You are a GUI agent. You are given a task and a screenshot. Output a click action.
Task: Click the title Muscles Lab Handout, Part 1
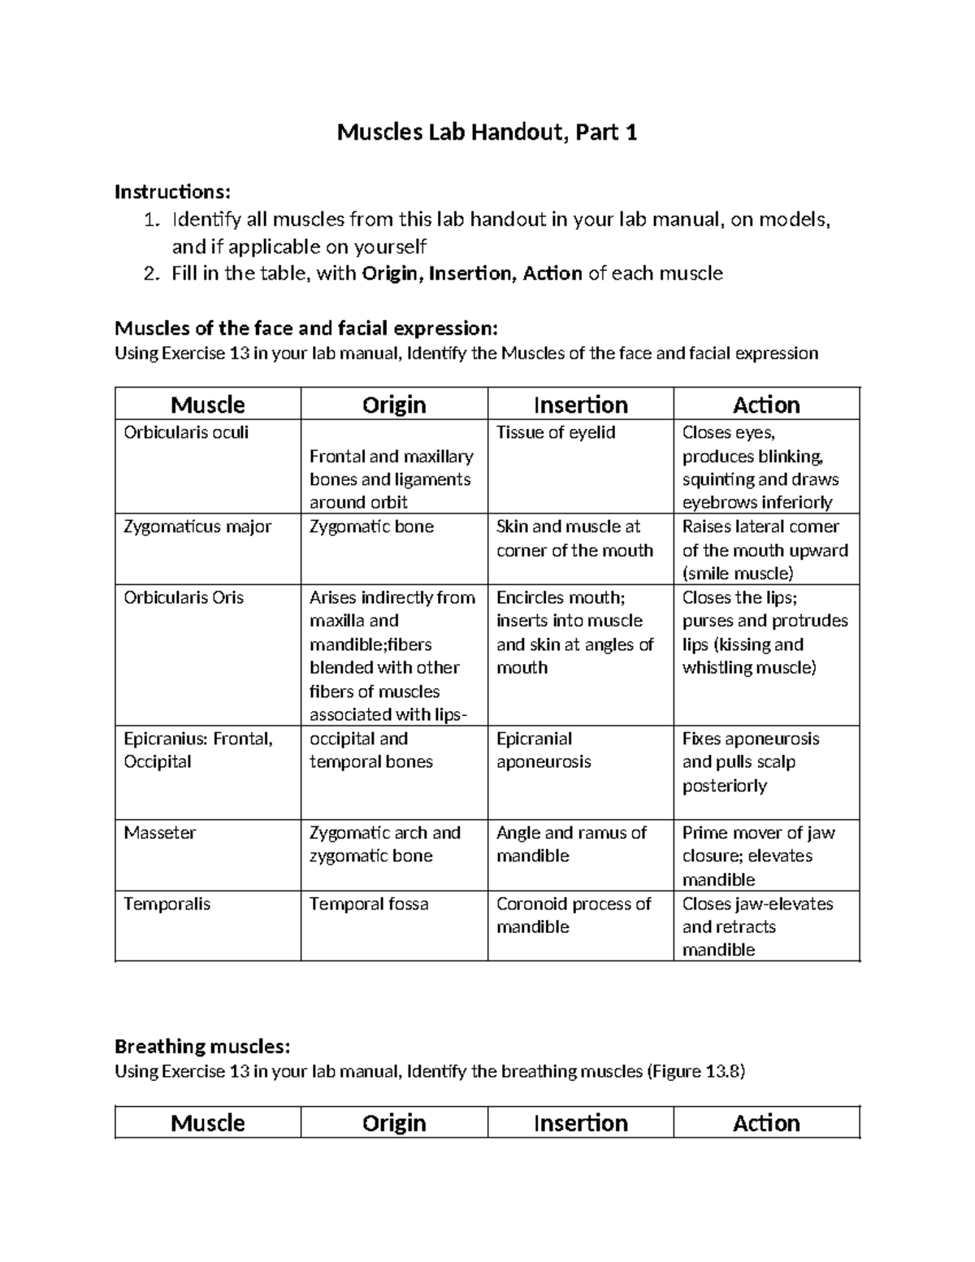pos(487,132)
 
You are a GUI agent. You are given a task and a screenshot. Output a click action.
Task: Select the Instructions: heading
pos(172,192)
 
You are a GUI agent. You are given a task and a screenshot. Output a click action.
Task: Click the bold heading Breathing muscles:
pos(201,1046)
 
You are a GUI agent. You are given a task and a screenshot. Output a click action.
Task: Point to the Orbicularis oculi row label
pos(186,433)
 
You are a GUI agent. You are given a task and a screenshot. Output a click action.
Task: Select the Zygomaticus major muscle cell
pos(197,527)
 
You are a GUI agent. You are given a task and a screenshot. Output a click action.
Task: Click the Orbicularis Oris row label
pos(184,597)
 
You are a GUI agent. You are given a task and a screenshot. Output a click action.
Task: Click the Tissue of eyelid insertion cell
pos(556,433)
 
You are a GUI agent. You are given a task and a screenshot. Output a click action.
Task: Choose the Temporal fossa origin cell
pos(369,904)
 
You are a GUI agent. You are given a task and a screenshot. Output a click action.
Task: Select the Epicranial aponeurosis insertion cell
pos(544,750)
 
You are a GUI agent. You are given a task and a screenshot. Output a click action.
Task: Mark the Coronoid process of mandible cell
pos(574,915)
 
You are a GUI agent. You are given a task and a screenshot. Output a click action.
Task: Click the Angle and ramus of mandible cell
pos(571,844)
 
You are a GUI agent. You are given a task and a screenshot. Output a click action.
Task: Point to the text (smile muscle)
pos(738,574)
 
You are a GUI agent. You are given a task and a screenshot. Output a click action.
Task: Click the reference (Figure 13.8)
pos(695,1071)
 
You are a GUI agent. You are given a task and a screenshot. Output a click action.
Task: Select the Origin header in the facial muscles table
pos(394,405)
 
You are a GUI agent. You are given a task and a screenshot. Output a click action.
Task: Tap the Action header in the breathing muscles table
pos(766,1123)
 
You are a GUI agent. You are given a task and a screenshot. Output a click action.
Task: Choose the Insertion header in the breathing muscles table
pos(580,1123)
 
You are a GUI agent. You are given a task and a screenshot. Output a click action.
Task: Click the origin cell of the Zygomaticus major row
pos(371,527)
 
